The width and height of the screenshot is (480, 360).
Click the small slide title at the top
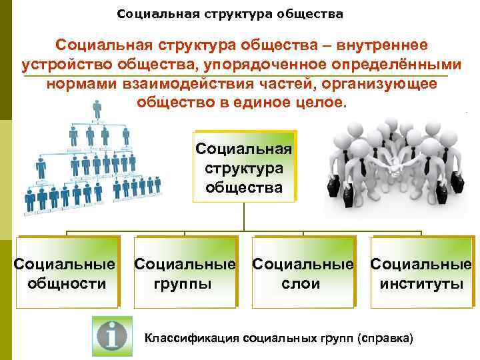pos(230,13)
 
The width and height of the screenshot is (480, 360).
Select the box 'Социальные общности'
pos(66,274)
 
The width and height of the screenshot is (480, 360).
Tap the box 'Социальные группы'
pos(185,274)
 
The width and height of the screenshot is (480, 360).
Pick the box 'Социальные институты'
pos(421,274)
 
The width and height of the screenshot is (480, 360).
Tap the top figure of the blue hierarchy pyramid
pos(97,109)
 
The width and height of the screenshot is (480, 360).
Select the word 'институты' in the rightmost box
pos(421,284)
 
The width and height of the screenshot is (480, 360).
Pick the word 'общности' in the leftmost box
pos(66,284)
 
